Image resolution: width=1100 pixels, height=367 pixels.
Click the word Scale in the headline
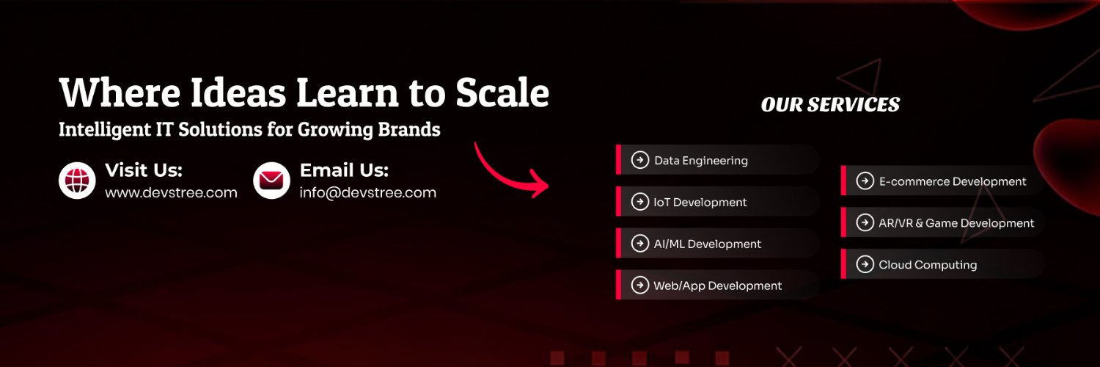[x=502, y=92]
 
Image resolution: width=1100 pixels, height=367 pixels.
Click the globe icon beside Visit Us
[x=77, y=181]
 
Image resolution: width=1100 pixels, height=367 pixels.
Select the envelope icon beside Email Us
[x=271, y=181]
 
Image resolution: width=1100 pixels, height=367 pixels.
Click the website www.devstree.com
[x=171, y=192]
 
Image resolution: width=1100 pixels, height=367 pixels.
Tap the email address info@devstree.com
[x=368, y=192]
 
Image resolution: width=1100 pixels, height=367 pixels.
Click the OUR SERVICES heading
[x=830, y=104]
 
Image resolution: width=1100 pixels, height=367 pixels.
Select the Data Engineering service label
[x=701, y=161]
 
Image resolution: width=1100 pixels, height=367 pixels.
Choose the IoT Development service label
[x=700, y=203]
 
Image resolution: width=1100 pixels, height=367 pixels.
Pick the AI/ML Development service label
[x=708, y=244]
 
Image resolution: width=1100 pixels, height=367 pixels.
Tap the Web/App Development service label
[x=717, y=286]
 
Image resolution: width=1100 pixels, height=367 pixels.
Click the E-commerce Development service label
[x=953, y=181]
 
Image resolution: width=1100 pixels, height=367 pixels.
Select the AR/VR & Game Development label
[x=956, y=223]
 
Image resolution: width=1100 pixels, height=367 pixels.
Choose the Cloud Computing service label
[x=928, y=265]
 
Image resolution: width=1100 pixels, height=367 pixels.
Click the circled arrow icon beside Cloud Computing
[x=865, y=264]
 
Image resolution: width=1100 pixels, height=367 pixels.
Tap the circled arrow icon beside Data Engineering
[x=640, y=160]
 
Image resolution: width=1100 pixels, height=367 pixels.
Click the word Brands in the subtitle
[x=408, y=129]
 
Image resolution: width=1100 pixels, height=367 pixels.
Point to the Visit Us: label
[x=144, y=170]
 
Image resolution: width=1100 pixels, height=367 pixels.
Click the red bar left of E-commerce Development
[x=843, y=181]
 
